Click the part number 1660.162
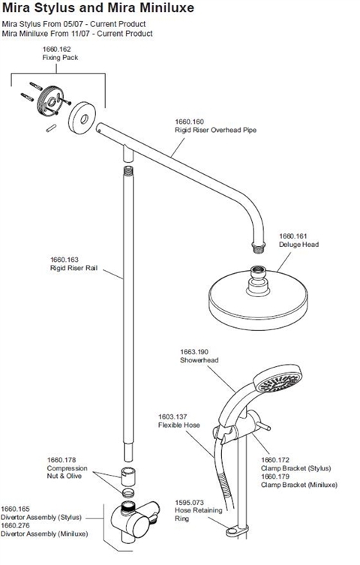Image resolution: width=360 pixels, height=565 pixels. coord(56,49)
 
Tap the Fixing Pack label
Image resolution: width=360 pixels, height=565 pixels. coord(60,58)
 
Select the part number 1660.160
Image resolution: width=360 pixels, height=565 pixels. coord(189,122)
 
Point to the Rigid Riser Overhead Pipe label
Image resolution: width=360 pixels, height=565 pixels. coord(216,130)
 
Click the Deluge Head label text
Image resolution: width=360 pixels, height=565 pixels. coord(298,245)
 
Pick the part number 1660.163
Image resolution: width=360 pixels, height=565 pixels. coord(64,260)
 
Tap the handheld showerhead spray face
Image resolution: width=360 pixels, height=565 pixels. coord(277,380)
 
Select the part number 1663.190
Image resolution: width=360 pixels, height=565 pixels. coord(194,352)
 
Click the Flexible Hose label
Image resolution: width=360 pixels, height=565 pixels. coord(179,425)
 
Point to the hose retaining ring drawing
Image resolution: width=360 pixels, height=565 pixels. coord(238,530)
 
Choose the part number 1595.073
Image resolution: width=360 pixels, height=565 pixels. coord(189,502)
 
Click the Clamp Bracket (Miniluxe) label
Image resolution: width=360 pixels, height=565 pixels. coord(299,485)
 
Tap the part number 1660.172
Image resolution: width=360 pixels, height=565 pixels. coord(275,460)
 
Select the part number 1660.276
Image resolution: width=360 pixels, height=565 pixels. coord(15,526)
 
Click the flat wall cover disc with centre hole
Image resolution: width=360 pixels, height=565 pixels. coord(82,118)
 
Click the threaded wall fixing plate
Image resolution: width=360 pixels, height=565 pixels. coord(49,101)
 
